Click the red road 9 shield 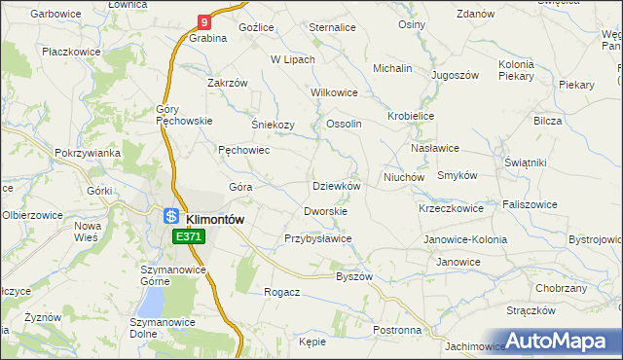click(203, 21)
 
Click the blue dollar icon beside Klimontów click(170, 217)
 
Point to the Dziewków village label click(336, 186)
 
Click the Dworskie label click(326, 210)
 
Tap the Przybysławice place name click(317, 238)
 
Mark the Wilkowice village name click(334, 92)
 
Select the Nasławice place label click(434, 148)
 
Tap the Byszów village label click(354, 276)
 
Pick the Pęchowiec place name click(243, 151)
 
